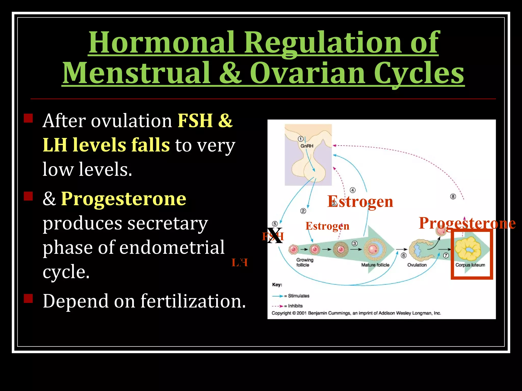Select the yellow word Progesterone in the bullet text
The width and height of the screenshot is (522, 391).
pos(124,199)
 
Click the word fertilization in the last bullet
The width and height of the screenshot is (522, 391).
pos(193,301)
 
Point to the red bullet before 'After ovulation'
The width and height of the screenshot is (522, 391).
pos(28,118)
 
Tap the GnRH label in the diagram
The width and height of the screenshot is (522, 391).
pos(307,146)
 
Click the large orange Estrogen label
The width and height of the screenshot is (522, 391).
pos(360,202)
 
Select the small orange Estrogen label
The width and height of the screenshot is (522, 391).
pos(327,226)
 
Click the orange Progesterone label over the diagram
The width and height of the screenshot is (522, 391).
pos(467,223)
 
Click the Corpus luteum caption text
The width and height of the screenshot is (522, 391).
pos(470,265)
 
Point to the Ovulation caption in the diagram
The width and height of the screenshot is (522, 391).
pos(417,265)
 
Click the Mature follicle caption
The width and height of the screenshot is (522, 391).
pos(375,265)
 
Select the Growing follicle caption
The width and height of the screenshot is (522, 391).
pos(304,262)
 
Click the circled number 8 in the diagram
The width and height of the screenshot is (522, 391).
pos(453,197)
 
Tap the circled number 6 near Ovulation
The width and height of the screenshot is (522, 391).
pos(404,255)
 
